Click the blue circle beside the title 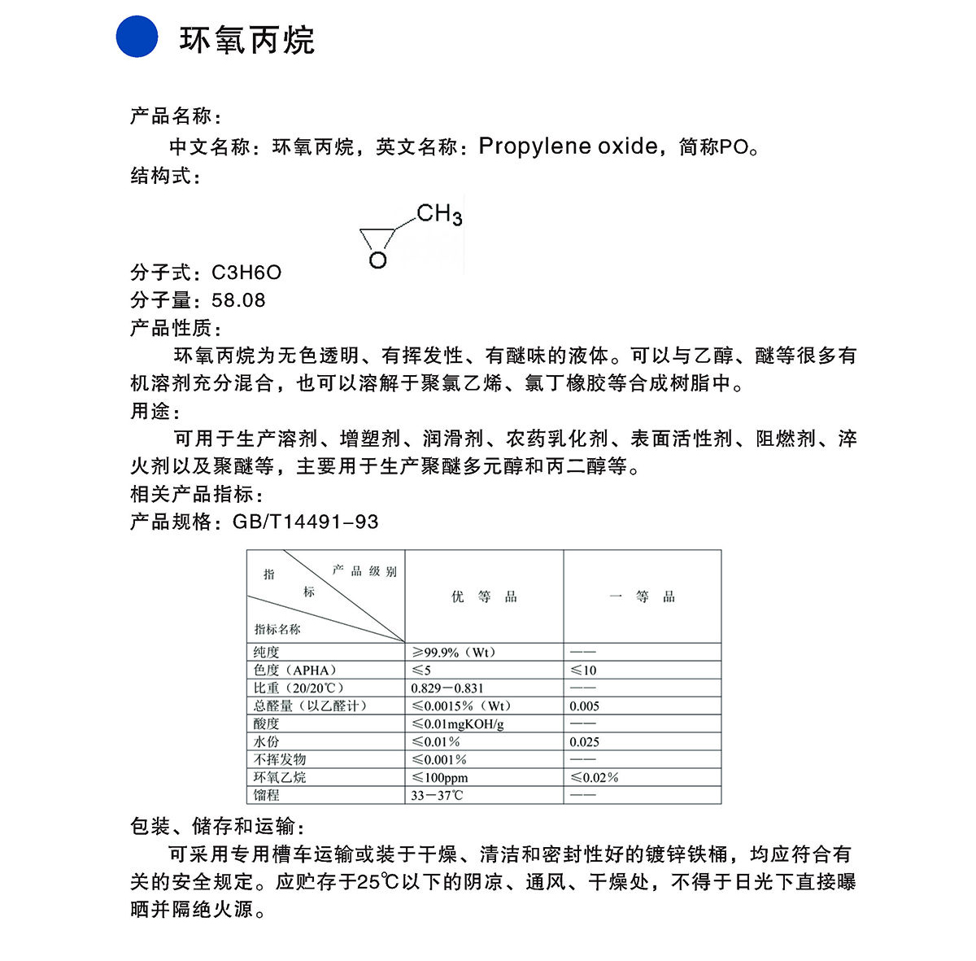[137, 37]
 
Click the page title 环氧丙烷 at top [247, 40]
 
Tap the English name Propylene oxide [569, 146]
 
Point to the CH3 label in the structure [439, 215]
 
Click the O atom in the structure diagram [377, 260]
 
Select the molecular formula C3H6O [246, 273]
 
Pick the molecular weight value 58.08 [238, 300]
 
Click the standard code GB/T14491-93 [306, 522]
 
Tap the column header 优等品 [484, 596]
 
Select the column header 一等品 [642, 596]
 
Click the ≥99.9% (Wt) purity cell [453, 652]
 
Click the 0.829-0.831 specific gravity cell [447, 688]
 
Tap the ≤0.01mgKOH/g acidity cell [458, 723]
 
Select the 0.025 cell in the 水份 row [584, 741]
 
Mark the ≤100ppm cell [440, 777]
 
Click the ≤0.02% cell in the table [594, 777]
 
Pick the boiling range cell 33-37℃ [437, 795]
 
